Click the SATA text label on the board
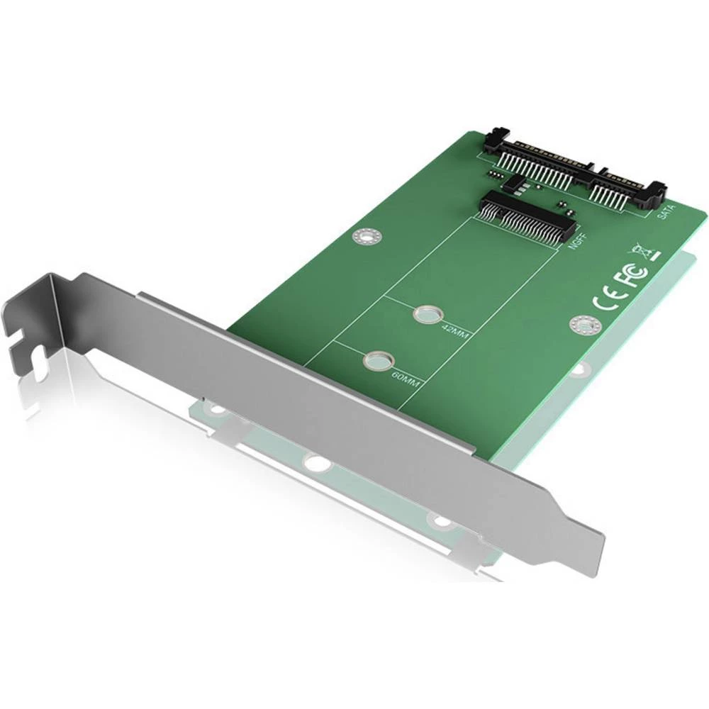point(666,212)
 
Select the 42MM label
point(453,333)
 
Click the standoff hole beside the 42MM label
point(425,313)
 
